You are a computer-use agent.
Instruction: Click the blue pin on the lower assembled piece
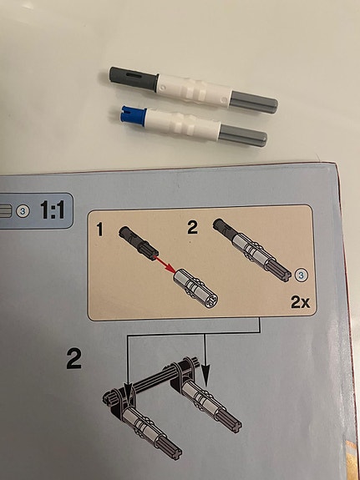(134, 116)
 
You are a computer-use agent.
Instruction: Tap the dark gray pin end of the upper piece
(134, 78)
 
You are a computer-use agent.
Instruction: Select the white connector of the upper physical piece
(194, 91)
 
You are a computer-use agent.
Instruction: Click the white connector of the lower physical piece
(183, 124)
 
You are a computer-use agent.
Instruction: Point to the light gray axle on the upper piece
(254, 102)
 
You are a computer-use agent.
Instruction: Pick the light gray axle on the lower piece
(243, 135)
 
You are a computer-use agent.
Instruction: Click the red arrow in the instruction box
(165, 265)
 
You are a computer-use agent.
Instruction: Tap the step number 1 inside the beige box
(99, 230)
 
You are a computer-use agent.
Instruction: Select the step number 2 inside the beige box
(192, 228)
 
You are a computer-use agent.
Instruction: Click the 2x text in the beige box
(300, 303)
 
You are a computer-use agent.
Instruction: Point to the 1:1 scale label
(53, 210)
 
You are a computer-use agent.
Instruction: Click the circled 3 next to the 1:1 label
(23, 211)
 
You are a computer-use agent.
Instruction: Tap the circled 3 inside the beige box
(302, 275)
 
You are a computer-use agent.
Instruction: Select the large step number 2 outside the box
(74, 359)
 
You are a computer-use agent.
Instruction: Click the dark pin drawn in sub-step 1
(138, 241)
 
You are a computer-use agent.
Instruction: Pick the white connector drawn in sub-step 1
(195, 289)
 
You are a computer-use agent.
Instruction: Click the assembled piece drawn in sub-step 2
(252, 250)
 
